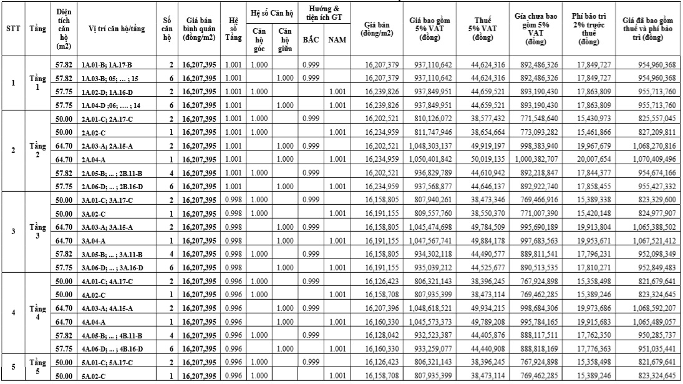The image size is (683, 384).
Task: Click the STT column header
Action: tap(12, 29)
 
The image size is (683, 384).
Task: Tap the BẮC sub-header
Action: tap(311, 40)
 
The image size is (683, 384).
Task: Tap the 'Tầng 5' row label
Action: tap(36, 367)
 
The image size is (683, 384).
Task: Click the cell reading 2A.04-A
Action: tap(94, 159)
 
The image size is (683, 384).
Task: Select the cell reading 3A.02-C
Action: tap(94, 213)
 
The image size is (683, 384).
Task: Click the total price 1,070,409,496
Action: tap(649, 159)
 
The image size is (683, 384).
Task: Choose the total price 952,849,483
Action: tap(649, 267)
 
